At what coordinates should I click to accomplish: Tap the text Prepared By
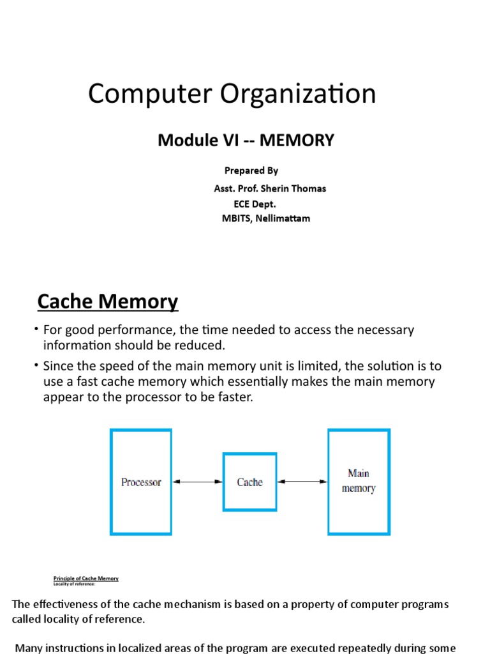click(251, 171)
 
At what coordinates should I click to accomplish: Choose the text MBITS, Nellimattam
click(266, 218)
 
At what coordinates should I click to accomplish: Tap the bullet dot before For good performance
click(37, 329)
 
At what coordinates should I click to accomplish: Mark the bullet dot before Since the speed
click(37, 365)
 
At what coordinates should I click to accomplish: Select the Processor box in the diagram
click(141, 482)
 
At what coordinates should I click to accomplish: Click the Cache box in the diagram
click(249, 482)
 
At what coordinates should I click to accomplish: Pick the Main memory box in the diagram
click(359, 482)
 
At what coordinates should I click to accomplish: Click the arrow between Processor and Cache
click(197, 482)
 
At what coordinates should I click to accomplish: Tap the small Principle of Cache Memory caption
click(85, 579)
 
